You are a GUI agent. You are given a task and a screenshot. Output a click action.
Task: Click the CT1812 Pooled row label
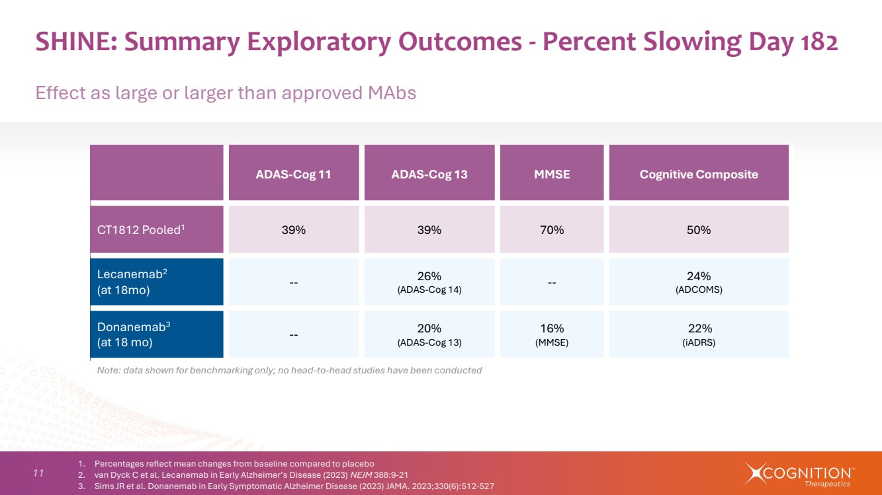click(157, 229)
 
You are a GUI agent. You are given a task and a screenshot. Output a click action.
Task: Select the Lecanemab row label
click(157, 282)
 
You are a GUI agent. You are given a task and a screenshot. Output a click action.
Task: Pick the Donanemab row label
click(157, 334)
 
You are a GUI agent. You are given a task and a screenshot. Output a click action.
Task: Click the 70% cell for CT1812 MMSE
click(552, 229)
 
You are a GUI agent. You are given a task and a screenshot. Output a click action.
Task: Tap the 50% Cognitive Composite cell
click(699, 229)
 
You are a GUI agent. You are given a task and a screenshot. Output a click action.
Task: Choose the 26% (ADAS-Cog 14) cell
click(429, 282)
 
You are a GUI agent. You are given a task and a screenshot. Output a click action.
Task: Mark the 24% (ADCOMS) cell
click(699, 282)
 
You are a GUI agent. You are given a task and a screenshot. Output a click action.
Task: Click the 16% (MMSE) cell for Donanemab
click(552, 334)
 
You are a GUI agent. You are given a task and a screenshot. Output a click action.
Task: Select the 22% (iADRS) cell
click(699, 334)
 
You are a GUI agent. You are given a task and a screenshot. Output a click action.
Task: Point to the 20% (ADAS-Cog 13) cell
click(429, 334)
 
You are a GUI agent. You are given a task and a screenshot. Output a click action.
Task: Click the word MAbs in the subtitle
click(392, 93)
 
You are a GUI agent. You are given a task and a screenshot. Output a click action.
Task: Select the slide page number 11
click(38, 473)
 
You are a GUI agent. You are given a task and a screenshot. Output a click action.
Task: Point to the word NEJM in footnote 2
click(361, 475)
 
